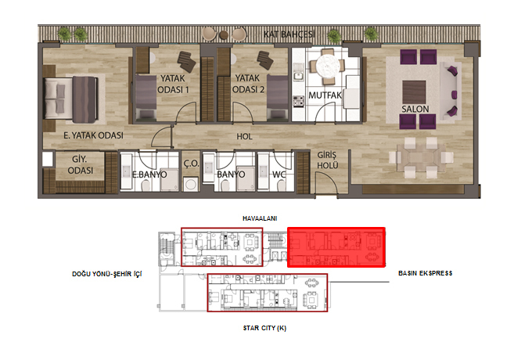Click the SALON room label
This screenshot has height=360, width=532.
(x=415, y=109)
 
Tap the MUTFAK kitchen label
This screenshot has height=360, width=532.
(x=325, y=95)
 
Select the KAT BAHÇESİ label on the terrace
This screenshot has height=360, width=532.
(x=289, y=34)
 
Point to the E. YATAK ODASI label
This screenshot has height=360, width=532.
(x=93, y=135)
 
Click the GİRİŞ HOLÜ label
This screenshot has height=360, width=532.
(x=327, y=160)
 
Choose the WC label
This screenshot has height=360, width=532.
(x=279, y=175)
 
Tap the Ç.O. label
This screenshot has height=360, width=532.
(x=191, y=164)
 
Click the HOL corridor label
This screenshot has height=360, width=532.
(x=244, y=136)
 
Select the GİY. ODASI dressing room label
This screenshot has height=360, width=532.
(x=80, y=164)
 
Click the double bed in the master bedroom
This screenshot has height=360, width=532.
(x=71, y=99)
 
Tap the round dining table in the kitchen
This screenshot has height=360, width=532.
(x=327, y=67)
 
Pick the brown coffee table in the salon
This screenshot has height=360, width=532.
(x=414, y=92)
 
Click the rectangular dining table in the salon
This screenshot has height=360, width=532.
(x=421, y=157)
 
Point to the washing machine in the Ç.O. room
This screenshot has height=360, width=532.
(x=190, y=185)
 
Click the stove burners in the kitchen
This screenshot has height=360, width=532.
(x=299, y=101)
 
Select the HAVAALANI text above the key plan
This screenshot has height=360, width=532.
(x=260, y=218)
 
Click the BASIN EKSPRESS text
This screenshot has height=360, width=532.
(x=425, y=273)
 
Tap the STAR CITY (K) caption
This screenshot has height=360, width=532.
(x=264, y=328)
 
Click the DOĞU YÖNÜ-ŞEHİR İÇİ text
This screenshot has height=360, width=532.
(x=107, y=274)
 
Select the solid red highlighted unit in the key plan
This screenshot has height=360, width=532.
(x=336, y=247)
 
